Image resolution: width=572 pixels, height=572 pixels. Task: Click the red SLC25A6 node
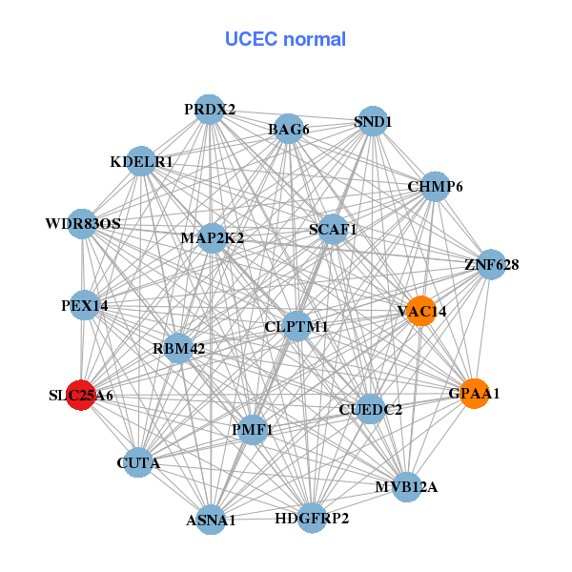point(82,394)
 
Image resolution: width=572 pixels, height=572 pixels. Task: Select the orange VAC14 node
point(420,311)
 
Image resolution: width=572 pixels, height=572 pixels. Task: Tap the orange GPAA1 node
point(475,393)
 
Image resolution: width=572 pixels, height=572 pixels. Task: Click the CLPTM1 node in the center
point(296,327)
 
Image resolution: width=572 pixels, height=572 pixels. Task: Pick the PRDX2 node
point(210,110)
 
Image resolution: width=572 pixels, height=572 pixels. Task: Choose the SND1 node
point(373,122)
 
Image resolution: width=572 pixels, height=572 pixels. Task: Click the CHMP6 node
point(435,187)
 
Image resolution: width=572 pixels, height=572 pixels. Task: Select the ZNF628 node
point(491,264)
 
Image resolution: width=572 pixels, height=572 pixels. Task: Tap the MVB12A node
point(407,487)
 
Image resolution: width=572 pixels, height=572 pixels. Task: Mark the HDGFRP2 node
point(312,519)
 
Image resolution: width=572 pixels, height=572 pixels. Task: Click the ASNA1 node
point(211,520)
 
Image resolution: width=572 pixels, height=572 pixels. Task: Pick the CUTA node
point(138,464)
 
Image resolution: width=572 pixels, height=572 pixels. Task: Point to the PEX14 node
point(85,306)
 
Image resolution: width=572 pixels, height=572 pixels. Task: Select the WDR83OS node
point(83,224)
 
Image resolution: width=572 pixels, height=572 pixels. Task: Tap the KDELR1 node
point(141,162)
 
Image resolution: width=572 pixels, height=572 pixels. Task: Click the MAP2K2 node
point(212,237)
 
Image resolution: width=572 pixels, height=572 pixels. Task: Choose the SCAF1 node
point(333,230)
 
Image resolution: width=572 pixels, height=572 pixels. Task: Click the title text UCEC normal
point(285,39)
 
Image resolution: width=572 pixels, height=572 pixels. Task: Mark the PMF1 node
point(253,430)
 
